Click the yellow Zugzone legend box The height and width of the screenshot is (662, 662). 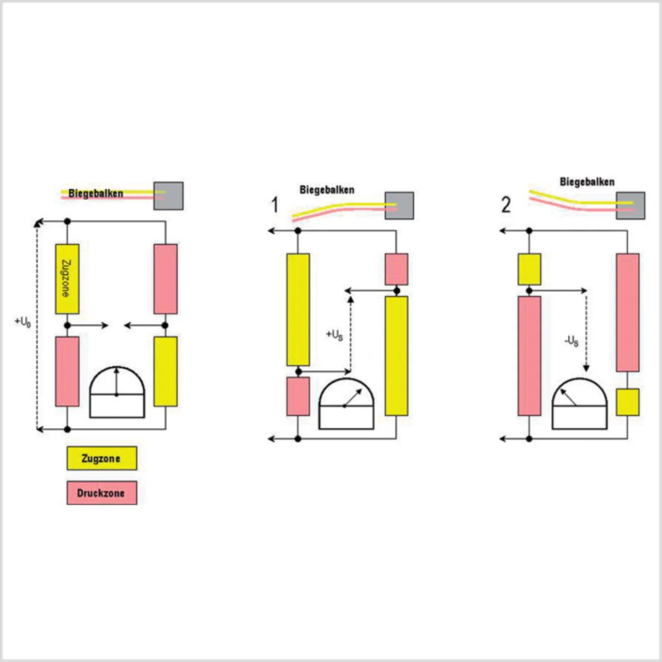[102, 458]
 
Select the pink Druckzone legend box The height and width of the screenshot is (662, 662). [102, 493]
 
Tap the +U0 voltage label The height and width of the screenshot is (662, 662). [23, 322]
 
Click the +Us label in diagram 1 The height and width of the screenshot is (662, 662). [334, 335]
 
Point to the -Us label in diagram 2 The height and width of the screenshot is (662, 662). [571, 341]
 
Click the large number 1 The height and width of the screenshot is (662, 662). [275, 205]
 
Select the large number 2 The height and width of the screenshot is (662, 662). [506, 205]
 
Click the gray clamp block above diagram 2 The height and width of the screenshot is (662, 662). [630, 205]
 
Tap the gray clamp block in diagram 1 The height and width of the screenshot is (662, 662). [399, 205]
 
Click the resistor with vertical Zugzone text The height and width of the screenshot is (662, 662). [67, 279]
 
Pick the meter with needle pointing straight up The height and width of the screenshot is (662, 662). [117, 393]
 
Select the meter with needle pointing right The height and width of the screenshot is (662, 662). [346, 404]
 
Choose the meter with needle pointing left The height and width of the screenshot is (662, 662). [579, 404]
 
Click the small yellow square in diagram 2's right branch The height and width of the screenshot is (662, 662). [627, 402]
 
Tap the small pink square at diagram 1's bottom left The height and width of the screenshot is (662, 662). [298, 396]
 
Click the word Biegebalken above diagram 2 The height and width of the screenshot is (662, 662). [587, 182]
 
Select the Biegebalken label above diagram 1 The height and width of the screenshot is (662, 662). [327, 190]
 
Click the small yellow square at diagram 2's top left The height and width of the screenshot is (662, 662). [529, 269]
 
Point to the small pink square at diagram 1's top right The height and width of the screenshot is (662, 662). [396, 269]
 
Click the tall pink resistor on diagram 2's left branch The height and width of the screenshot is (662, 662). [529, 356]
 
